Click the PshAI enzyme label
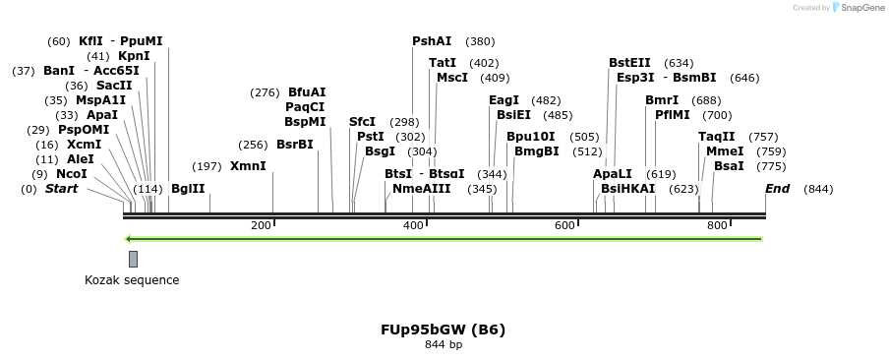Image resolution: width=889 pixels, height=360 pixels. (432, 41)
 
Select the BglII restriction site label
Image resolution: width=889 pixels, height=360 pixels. (188, 189)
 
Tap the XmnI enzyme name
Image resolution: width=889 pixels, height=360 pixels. (248, 166)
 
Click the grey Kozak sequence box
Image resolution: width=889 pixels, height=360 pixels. (133, 259)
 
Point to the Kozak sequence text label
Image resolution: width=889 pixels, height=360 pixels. (132, 280)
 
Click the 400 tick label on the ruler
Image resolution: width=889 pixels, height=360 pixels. (413, 226)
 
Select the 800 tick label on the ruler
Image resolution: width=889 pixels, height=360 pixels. (716, 226)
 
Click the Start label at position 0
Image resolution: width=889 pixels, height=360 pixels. (61, 189)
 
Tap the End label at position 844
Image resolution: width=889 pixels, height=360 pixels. (777, 189)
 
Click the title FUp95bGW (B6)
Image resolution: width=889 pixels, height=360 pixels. (444, 330)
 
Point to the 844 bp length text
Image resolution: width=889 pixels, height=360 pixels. (444, 345)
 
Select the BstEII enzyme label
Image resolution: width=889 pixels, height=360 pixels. (629, 63)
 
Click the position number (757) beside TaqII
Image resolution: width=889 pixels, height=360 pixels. (763, 137)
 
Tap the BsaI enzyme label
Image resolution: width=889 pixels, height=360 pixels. (729, 166)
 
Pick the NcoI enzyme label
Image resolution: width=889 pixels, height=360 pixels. (71, 174)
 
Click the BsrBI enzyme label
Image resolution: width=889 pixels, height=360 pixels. (294, 145)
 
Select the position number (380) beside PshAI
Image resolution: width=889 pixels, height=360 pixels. (480, 41)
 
